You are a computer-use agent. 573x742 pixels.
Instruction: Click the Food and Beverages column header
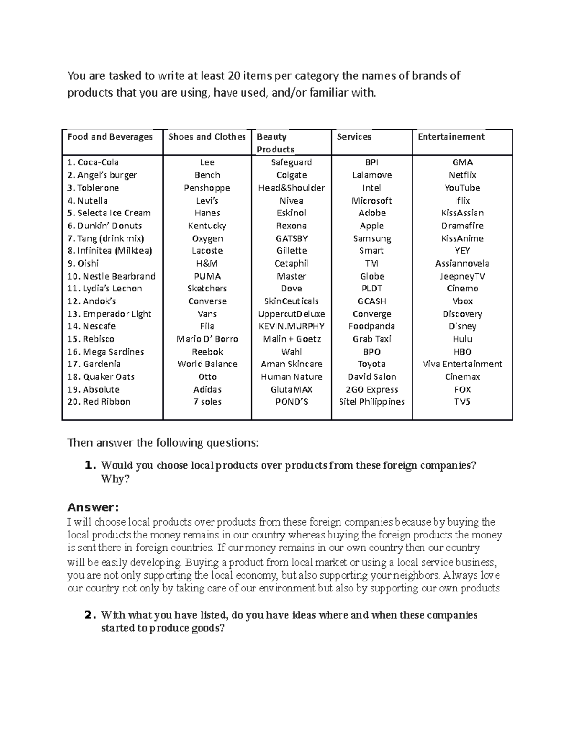(x=110, y=137)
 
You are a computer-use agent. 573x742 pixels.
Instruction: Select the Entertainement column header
(x=451, y=137)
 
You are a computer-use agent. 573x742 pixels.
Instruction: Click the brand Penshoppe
(x=207, y=188)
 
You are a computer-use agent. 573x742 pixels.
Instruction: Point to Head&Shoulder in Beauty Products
(x=291, y=188)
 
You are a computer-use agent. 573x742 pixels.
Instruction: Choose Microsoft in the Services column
(x=371, y=201)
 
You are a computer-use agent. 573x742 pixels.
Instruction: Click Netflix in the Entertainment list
(x=462, y=175)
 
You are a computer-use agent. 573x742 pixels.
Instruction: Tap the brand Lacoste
(x=207, y=251)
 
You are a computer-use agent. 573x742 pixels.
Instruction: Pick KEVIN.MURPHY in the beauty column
(x=291, y=326)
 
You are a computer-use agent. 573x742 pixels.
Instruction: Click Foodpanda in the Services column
(x=371, y=326)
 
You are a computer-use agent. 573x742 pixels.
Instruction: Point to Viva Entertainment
(x=462, y=364)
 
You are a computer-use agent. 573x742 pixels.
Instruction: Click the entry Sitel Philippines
(x=371, y=402)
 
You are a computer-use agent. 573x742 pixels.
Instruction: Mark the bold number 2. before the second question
(x=90, y=615)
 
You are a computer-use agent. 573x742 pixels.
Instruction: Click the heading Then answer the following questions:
(x=163, y=443)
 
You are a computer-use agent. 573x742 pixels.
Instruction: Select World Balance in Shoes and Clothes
(x=207, y=364)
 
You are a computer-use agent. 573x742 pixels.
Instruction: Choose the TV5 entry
(x=462, y=402)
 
